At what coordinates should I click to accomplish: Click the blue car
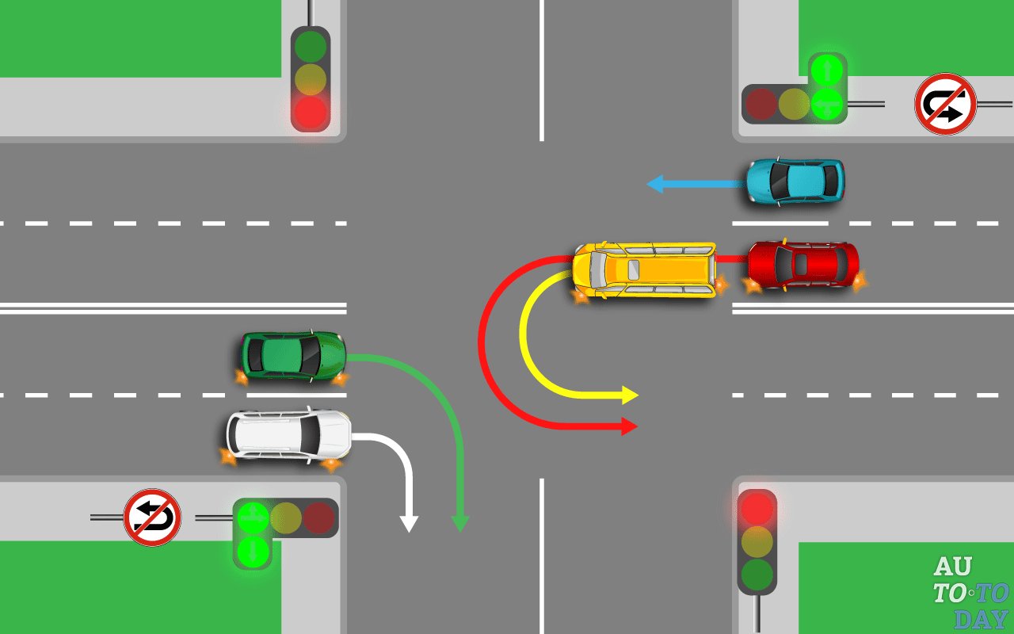(795, 181)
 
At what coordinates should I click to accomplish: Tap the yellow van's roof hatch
(634, 269)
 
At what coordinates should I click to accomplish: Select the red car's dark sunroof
(801, 264)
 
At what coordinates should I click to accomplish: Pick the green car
(293, 356)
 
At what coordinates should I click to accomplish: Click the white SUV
(288, 434)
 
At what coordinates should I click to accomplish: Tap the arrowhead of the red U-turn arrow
(629, 426)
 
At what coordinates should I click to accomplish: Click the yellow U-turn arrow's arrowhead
(630, 395)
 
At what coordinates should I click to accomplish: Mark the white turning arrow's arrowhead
(408, 524)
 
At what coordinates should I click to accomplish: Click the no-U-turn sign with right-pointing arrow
(944, 104)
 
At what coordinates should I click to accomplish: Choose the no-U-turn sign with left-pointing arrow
(152, 518)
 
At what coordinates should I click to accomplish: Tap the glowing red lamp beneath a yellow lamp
(310, 113)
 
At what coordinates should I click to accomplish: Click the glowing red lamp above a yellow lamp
(757, 506)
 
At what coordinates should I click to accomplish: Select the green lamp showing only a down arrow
(252, 550)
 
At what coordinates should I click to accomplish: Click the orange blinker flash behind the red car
(857, 279)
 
